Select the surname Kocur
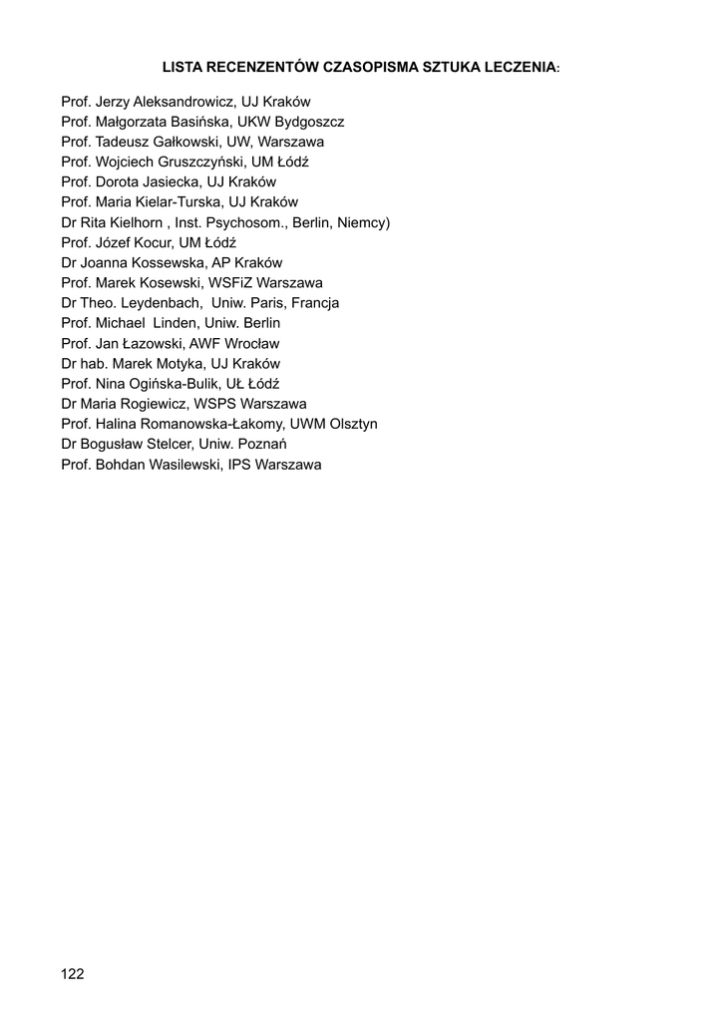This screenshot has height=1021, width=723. pos(154,242)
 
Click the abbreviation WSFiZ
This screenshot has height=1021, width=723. pos(230,282)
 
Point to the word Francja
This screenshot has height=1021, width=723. pos(312,302)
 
